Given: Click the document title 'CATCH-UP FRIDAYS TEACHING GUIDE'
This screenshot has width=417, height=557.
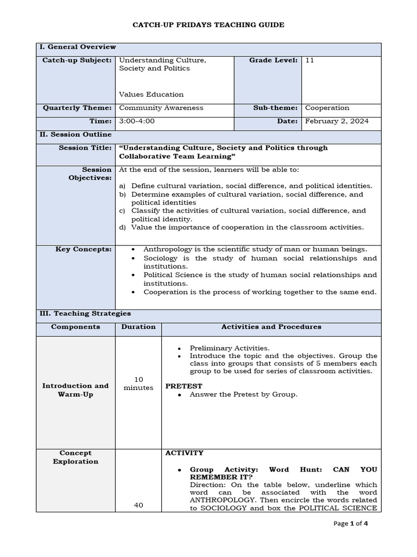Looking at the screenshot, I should tap(208, 25).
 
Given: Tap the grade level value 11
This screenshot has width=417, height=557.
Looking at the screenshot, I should tap(309, 60).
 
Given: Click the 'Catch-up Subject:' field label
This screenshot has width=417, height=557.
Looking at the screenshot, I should tap(77, 60).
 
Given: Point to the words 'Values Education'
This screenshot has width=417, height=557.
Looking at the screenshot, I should tap(151, 94).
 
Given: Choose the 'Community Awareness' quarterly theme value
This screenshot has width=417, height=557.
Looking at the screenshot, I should tap(161, 108).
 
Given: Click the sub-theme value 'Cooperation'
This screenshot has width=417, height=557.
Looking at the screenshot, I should tap(327, 108).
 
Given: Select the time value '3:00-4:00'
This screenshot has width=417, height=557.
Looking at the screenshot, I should tap(137, 121).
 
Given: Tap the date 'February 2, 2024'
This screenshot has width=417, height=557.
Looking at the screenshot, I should tap(337, 121).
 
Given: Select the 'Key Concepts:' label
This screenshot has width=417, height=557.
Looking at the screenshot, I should tap(84, 249).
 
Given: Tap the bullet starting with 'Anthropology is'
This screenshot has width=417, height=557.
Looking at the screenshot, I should tap(255, 249).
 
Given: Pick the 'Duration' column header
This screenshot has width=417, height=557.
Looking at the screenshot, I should tap(138, 327).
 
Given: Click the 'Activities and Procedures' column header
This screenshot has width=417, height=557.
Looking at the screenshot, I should tap(271, 327).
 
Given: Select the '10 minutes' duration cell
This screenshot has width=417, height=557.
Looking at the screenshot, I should tap(138, 383).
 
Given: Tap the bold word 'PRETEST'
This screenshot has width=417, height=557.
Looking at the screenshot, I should tap(184, 386).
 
